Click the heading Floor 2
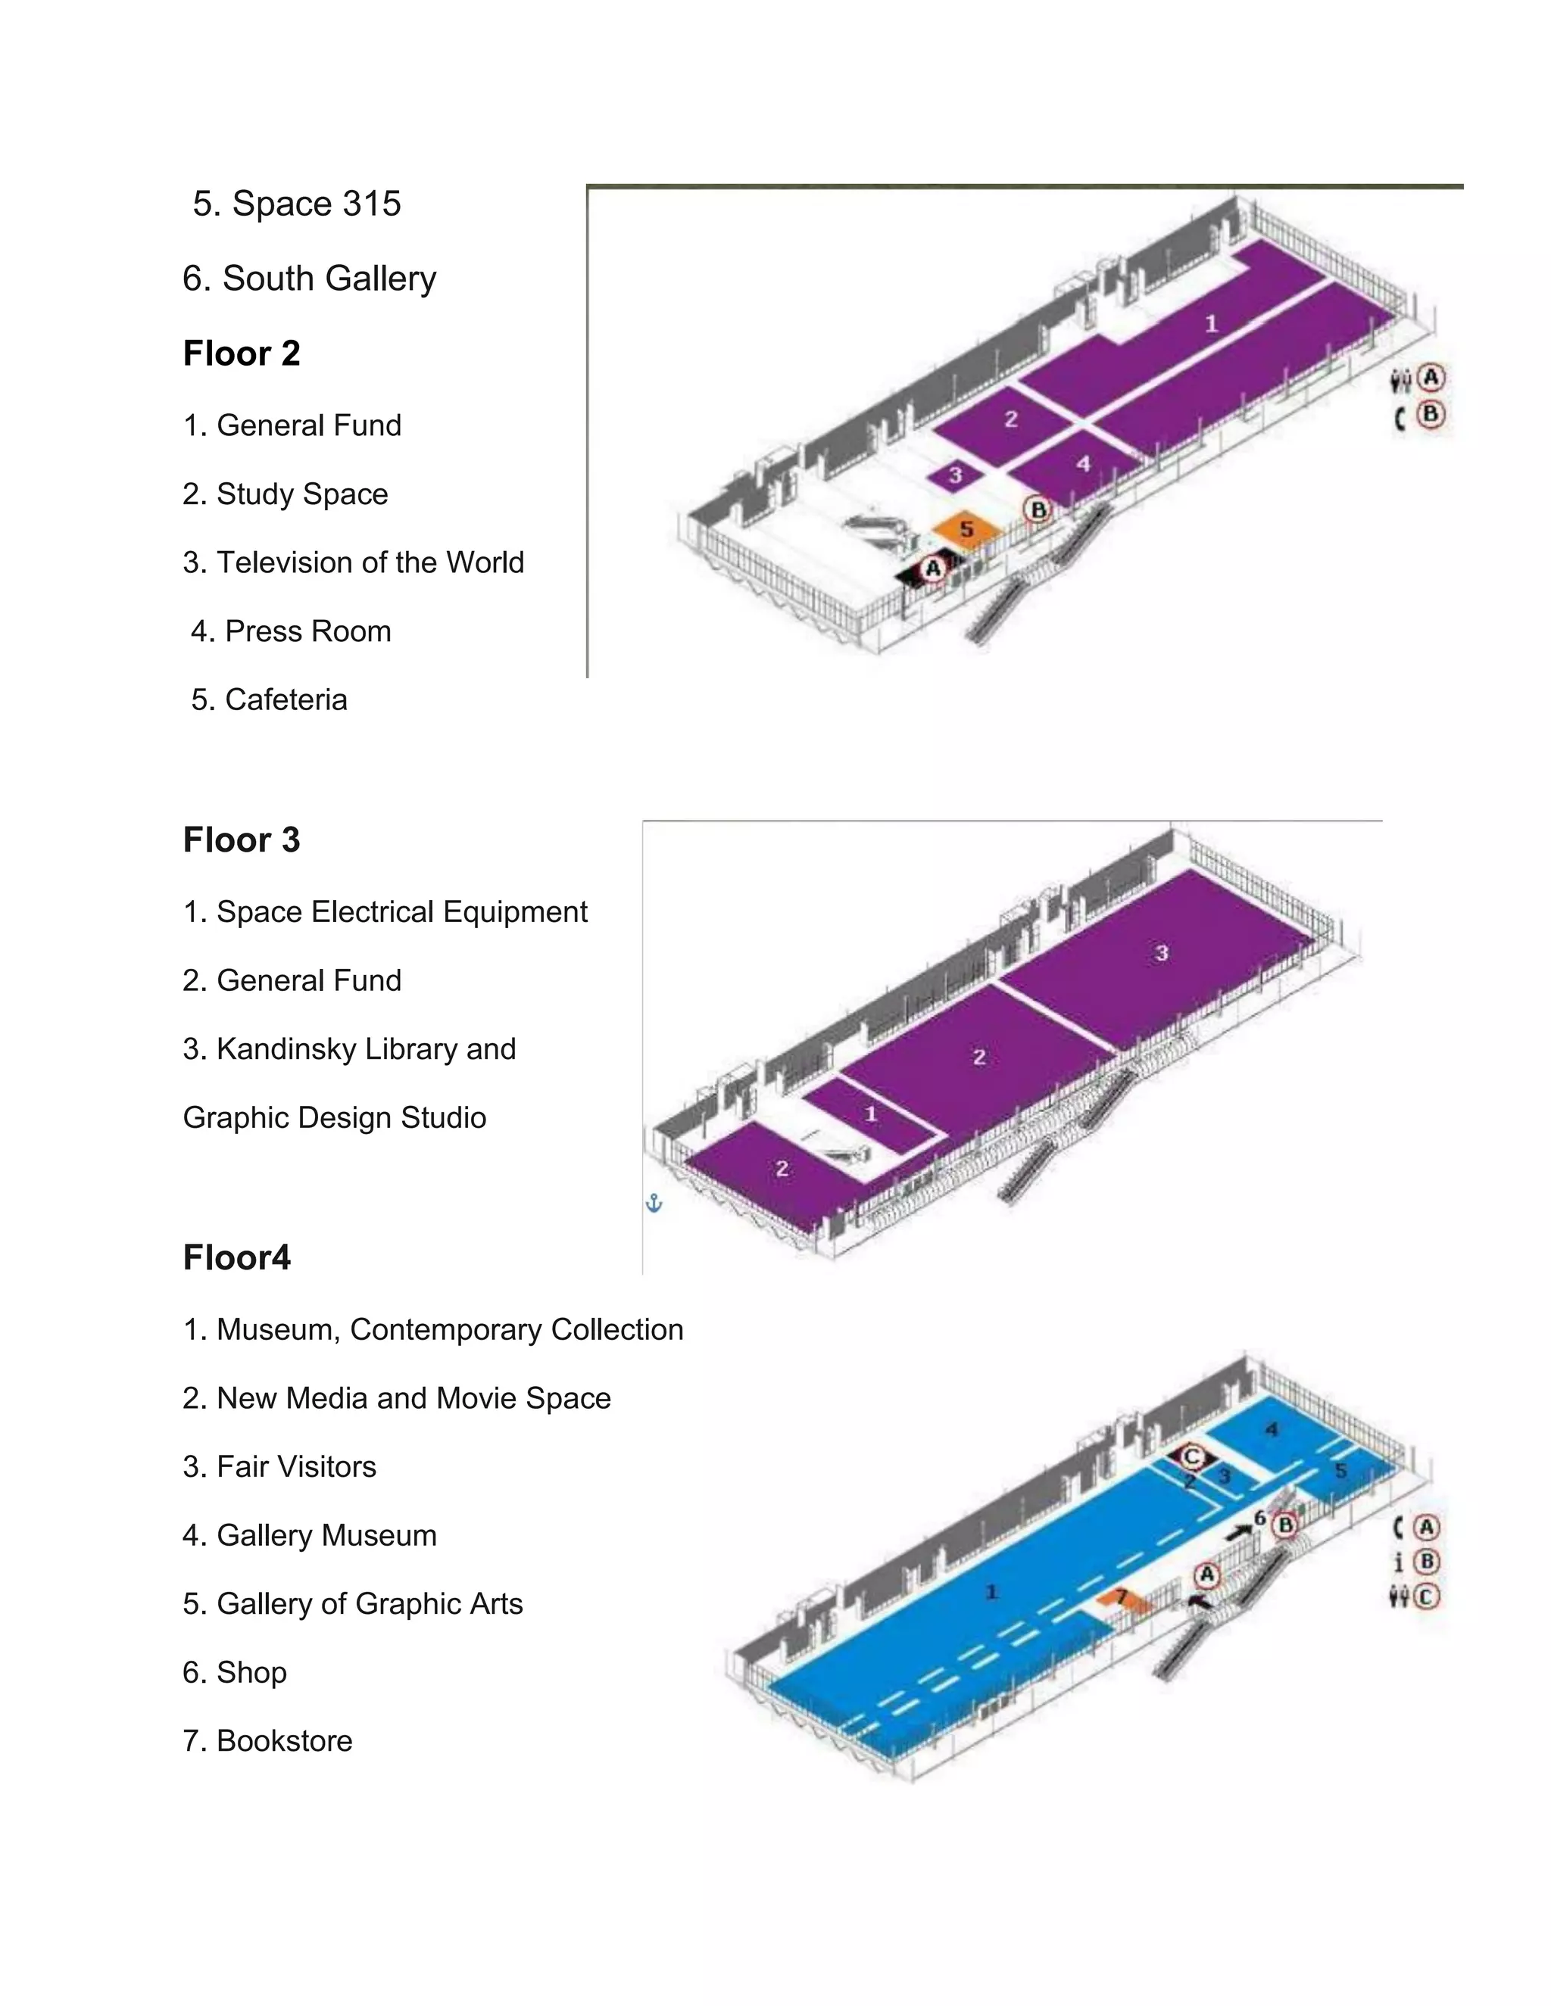click(242, 354)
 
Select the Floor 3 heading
click(242, 839)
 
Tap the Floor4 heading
click(237, 1257)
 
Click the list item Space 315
click(297, 203)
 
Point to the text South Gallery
click(329, 279)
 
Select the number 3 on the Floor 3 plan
click(1162, 953)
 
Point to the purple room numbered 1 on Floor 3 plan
click(870, 1114)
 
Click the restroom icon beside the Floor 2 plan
click(1400, 379)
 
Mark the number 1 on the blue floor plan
click(991, 1592)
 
